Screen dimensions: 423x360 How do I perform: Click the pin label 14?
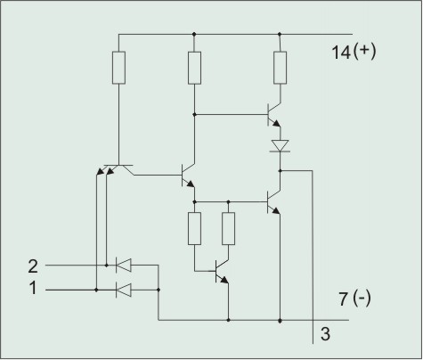(341, 53)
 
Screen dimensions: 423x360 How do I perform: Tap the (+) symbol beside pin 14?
(365, 52)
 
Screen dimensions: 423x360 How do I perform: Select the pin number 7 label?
(344, 299)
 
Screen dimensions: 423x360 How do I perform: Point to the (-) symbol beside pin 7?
(362, 298)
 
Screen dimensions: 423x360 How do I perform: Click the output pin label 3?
(325, 333)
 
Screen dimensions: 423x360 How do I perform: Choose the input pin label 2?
(33, 266)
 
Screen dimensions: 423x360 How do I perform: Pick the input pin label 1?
(33, 288)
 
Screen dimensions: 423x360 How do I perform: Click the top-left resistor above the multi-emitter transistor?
(118, 68)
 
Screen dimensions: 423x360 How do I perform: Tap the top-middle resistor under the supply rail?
(194, 68)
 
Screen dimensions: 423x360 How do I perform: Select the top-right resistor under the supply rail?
(280, 68)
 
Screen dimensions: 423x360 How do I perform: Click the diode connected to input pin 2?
(123, 265)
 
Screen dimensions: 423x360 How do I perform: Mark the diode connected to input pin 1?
(123, 290)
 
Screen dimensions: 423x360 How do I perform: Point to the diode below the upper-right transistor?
(280, 146)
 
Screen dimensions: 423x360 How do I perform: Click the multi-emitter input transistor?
(116, 169)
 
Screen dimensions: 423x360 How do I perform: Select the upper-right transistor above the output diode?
(273, 115)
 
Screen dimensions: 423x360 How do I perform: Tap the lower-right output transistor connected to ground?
(273, 202)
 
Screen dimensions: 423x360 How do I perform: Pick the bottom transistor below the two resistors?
(222, 271)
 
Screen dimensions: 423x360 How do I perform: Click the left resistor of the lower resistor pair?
(194, 229)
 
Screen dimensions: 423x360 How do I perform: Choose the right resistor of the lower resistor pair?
(229, 229)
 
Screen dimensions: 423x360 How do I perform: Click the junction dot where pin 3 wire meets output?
(280, 171)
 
